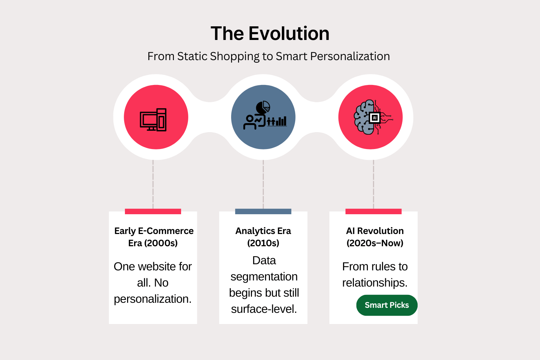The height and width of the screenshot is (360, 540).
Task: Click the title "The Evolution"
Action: [x=270, y=33]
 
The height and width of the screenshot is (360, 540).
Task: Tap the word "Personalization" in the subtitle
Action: [x=350, y=57]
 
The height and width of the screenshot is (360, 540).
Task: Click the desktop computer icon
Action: [x=153, y=120]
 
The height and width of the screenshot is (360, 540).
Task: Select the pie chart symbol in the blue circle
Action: [x=263, y=107]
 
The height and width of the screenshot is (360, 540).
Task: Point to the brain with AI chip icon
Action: [x=373, y=117]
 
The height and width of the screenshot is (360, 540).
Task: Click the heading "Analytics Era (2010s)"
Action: [x=263, y=237]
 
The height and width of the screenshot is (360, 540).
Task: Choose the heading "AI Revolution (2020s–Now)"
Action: [x=375, y=237]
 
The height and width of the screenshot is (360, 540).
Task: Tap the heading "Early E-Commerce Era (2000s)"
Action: [x=154, y=237]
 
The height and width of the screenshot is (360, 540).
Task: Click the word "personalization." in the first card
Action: [x=153, y=299]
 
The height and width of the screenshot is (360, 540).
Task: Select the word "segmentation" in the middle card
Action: [x=264, y=277]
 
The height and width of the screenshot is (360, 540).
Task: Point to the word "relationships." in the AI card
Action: [x=375, y=283]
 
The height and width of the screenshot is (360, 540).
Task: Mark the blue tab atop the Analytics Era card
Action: [x=263, y=211]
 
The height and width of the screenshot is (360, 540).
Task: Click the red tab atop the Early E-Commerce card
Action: [x=153, y=211]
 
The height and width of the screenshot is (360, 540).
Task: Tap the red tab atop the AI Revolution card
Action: [x=373, y=211]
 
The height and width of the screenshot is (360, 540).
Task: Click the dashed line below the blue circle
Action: [x=263, y=184]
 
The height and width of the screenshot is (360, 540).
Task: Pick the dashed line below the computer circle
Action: [x=153, y=184]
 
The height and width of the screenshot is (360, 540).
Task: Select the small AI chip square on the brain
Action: [x=375, y=118]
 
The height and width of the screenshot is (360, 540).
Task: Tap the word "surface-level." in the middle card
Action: [x=264, y=309]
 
